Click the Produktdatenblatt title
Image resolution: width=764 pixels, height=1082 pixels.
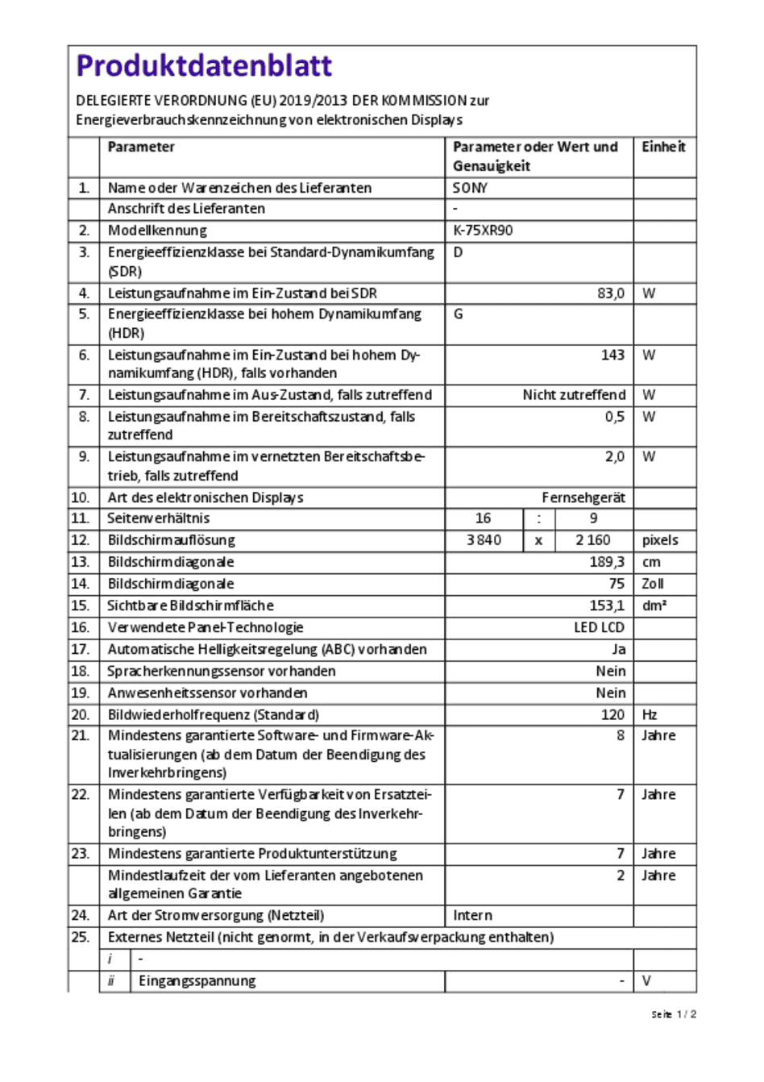204,66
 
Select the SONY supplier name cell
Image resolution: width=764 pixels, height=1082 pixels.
470,188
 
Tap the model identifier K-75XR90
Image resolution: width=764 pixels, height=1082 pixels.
483,231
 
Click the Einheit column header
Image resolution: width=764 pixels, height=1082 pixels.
663,147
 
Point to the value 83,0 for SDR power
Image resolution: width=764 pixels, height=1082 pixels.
610,293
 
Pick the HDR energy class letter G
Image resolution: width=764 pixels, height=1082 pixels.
459,314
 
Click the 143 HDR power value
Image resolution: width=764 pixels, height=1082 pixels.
612,355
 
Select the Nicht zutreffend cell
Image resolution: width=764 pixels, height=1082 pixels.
574,395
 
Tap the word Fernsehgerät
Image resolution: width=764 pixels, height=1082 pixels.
583,497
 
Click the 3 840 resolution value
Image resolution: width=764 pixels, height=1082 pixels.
484,540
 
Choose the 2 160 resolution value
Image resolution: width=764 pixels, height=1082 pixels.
592,540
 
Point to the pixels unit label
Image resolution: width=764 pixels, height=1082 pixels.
660,540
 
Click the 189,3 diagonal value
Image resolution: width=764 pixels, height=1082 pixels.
607,562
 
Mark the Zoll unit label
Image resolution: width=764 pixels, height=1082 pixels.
653,584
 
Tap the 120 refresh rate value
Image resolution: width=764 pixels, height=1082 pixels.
612,714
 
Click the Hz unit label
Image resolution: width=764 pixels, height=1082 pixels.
650,714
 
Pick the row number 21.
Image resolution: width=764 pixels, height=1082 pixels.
81,735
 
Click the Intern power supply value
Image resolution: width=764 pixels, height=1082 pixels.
472,915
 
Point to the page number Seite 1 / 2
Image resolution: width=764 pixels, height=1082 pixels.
674,1014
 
